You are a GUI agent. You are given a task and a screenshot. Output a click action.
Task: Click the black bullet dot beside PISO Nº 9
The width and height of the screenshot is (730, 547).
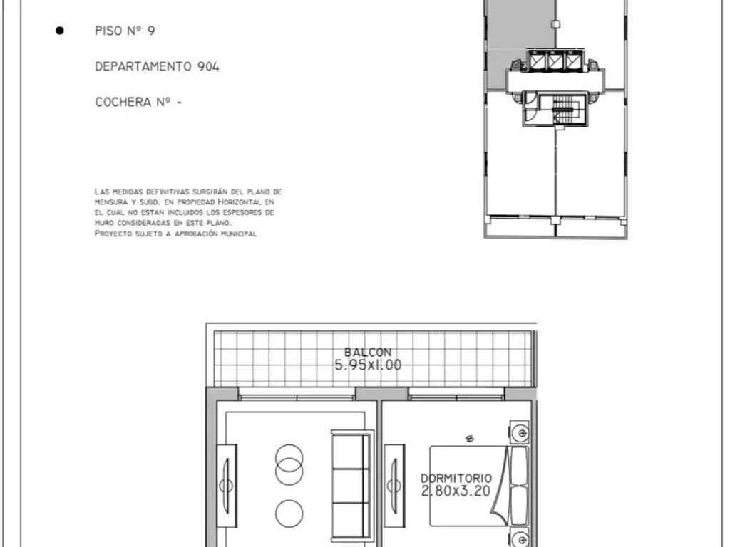(x=60, y=31)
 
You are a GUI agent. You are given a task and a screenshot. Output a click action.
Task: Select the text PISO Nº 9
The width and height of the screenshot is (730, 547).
(x=125, y=31)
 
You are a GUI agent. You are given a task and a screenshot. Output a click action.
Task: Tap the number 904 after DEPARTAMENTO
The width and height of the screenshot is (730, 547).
(x=208, y=66)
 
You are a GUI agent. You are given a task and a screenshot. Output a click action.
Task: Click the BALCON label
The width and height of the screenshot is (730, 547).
(x=368, y=352)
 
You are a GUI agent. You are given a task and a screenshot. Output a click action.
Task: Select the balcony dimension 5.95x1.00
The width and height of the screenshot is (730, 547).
(x=368, y=365)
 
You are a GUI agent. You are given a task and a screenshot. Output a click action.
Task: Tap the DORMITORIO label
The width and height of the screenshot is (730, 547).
(x=456, y=478)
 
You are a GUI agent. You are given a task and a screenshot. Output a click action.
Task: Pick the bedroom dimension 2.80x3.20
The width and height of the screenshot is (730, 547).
(x=456, y=491)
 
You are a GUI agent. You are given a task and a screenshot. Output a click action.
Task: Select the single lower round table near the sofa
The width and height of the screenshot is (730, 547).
(x=289, y=514)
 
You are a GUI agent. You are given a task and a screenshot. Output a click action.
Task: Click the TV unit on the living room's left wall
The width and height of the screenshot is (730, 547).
(x=227, y=486)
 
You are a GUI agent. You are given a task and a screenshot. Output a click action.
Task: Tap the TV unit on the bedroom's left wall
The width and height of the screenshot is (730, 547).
(x=394, y=486)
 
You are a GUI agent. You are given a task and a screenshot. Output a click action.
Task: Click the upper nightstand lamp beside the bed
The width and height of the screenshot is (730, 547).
(x=520, y=433)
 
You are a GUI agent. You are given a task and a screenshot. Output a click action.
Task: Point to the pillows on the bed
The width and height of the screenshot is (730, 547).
(x=519, y=486)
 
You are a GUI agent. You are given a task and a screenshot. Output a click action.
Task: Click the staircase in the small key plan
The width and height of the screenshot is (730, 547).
(x=562, y=109)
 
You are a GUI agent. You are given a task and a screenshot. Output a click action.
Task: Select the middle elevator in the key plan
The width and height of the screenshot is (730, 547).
(x=555, y=61)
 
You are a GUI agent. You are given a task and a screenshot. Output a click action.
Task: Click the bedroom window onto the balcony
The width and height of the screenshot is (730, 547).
(x=456, y=397)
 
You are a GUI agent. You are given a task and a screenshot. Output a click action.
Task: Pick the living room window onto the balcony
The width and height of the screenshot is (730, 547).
(x=297, y=397)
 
